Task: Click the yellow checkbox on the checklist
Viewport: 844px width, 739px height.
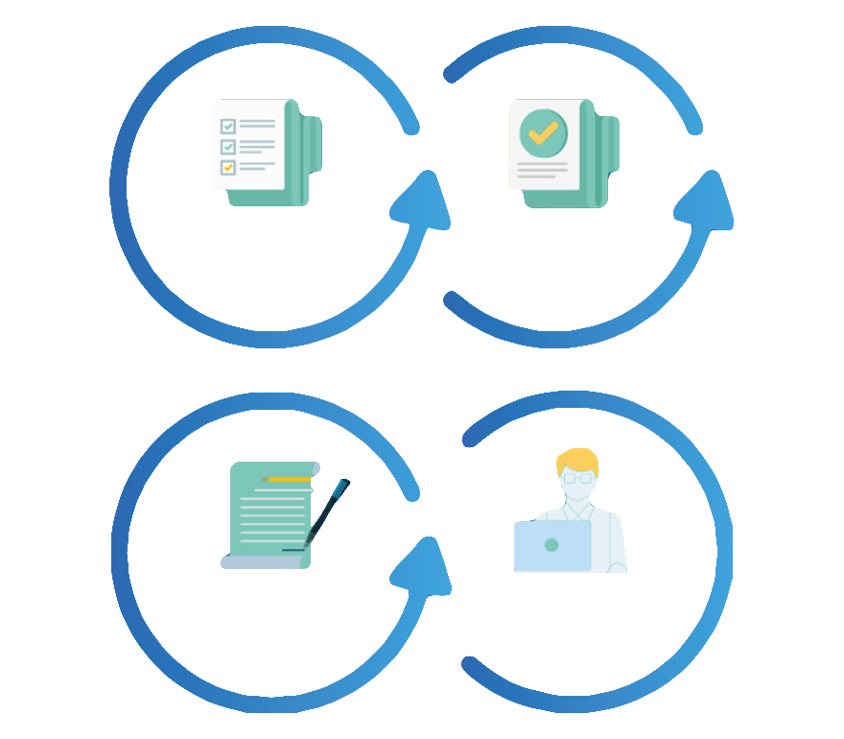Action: tap(228, 167)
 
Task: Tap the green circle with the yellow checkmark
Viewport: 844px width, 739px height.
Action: tap(543, 132)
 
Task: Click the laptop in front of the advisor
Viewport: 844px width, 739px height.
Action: tap(551, 545)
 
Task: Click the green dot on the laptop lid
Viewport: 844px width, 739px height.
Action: tap(551, 545)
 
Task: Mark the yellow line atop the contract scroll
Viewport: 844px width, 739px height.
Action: tap(288, 478)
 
